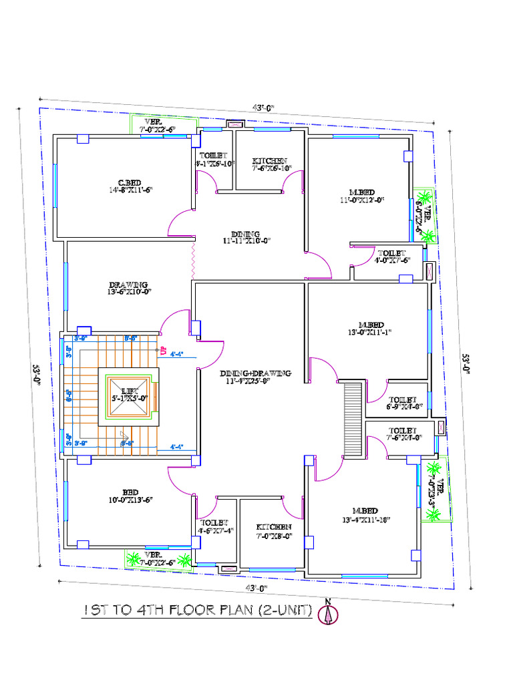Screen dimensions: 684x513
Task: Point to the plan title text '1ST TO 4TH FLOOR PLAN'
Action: coord(198,611)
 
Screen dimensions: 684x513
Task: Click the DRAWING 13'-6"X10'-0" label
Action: coord(130,287)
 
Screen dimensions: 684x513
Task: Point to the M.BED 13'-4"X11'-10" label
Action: coord(366,514)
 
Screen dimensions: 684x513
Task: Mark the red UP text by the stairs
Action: coord(162,349)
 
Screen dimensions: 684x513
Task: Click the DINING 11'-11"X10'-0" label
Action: coord(245,236)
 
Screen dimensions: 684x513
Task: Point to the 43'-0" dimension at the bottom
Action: coord(256,588)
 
